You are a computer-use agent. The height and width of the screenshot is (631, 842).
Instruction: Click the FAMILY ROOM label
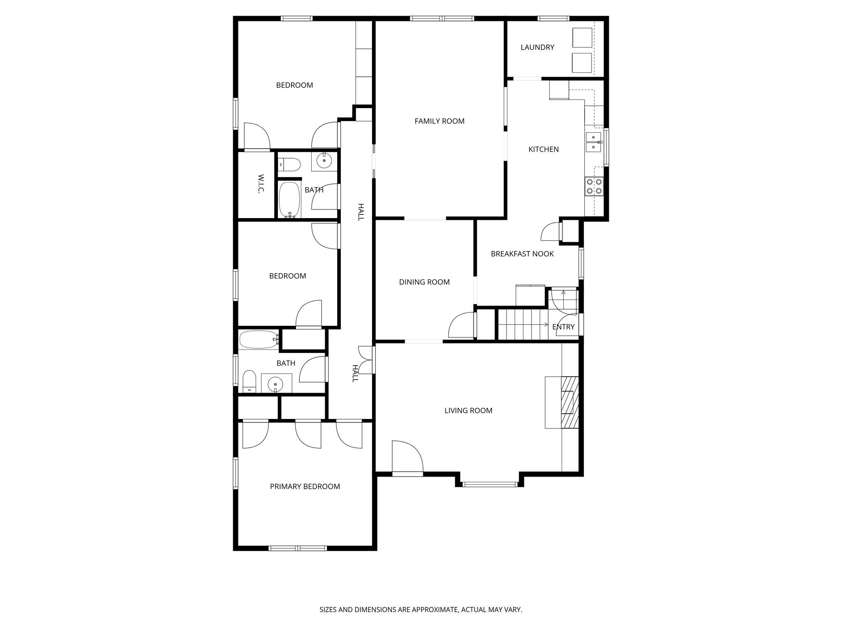point(439,121)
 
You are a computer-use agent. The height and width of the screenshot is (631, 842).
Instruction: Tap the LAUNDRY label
point(537,47)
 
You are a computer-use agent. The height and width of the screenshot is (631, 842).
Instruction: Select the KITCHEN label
point(544,149)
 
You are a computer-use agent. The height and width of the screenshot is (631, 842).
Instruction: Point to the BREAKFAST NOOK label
point(522,254)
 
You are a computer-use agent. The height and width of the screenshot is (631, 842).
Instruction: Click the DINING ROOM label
point(424,282)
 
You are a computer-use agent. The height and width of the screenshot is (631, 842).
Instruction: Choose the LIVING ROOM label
point(468,410)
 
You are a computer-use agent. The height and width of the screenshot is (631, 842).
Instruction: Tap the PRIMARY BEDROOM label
point(305,486)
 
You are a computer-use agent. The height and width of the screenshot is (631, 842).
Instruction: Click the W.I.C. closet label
point(261,184)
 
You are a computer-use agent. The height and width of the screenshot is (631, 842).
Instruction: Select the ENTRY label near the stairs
point(563,327)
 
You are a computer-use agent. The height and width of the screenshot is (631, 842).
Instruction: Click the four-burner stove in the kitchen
point(593,186)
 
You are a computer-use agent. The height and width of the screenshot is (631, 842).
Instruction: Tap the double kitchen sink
point(593,142)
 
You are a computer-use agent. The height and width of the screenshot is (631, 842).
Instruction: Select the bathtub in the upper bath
point(290,200)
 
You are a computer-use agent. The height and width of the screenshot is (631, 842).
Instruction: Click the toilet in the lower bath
point(249,381)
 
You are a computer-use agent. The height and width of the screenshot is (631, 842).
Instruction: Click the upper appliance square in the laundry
point(582,38)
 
